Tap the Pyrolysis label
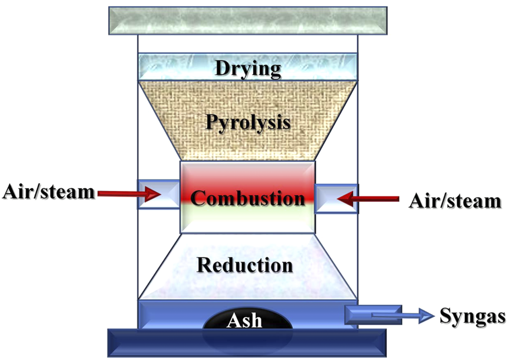pos(248,121)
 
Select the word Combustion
pos(248,198)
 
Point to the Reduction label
pos(245,264)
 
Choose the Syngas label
pos(472,316)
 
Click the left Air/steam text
pos(48,191)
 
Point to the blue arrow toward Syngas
pos(403,316)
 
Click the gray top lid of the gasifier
pos(248,20)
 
